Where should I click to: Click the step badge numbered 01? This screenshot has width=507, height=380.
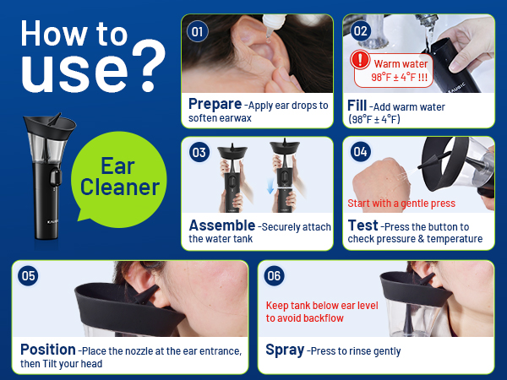198,31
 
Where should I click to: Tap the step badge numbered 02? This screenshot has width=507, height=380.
361,31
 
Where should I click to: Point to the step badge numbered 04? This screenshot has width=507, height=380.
361,153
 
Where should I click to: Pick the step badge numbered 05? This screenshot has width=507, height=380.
30,275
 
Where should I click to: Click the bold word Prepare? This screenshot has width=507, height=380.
215,104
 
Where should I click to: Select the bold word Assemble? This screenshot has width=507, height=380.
221,225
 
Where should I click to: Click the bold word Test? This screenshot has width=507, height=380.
362,225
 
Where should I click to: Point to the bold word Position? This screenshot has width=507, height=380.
48,350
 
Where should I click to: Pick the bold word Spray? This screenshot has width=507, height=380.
286,350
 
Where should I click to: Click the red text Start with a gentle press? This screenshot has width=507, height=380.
401,204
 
